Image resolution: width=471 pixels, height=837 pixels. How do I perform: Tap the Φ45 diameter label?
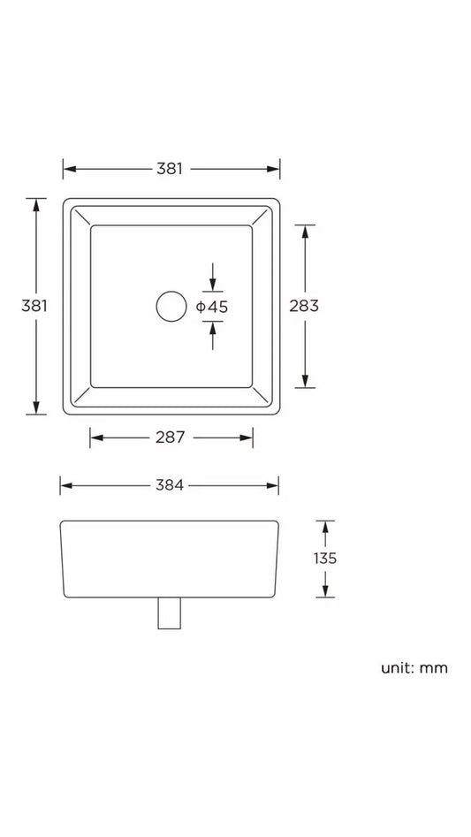(212, 307)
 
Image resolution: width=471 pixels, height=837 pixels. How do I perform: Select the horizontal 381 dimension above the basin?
(170, 169)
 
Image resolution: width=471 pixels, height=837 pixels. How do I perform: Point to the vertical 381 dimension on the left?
(34, 306)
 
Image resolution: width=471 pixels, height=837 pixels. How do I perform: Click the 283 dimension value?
(304, 306)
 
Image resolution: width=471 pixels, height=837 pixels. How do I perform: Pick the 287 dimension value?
(171, 438)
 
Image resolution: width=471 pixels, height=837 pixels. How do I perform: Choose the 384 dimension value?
(170, 485)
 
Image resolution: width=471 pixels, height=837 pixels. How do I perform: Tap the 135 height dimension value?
(325, 559)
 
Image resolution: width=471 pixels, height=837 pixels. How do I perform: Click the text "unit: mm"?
(414, 668)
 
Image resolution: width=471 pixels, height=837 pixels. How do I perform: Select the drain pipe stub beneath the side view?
(169, 613)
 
